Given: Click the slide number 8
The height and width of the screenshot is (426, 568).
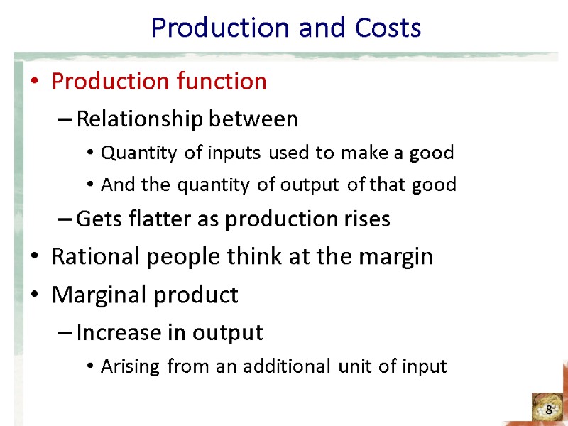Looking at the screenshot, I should (549, 410).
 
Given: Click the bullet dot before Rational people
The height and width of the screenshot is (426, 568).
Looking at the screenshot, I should (35, 257).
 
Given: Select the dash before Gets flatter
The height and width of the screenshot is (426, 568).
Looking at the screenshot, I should (64, 219).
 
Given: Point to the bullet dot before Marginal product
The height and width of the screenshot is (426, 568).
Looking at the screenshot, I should (35, 295).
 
